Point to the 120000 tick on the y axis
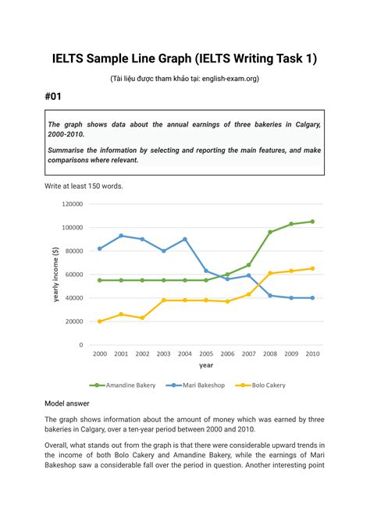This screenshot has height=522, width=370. (72, 204)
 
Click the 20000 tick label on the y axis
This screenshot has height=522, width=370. (74, 321)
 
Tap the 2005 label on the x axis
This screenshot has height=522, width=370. (206, 354)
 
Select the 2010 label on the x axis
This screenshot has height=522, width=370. (312, 354)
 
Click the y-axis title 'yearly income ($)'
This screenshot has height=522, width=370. (55, 274)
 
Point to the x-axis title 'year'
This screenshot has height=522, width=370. (206, 364)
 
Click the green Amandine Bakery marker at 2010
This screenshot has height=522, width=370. (312, 222)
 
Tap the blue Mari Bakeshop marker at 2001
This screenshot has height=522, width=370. (121, 236)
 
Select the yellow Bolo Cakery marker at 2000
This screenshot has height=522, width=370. (100, 321)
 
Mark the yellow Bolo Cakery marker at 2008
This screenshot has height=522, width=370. (270, 273)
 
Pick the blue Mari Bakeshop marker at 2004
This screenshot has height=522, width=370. (185, 240)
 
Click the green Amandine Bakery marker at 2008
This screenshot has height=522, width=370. (270, 232)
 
